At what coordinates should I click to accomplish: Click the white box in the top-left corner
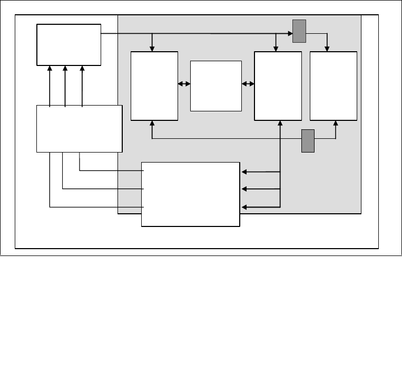(x=68, y=44)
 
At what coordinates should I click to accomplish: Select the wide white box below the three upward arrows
(x=79, y=128)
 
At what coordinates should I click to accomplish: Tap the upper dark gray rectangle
(x=299, y=31)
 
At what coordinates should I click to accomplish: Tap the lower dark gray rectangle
(x=308, y=140)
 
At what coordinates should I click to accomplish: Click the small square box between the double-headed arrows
(x=215, y=86)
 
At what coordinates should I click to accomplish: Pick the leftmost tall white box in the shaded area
(x=154, y=86)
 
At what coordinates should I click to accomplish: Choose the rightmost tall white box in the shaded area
(x=333, y=86)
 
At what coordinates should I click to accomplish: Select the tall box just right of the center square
(x=278, y=86)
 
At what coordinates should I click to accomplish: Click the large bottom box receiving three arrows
(x=191, y=194)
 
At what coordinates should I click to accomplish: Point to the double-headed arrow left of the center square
(x=184, y=83)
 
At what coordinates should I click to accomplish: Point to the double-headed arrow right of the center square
(x=248, y=83)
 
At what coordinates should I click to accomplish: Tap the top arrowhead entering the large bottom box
(x=244, y=172)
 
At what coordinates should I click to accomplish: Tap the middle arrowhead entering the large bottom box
(x=244, y=188)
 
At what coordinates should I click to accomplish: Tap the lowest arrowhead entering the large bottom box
(x=244, y=207)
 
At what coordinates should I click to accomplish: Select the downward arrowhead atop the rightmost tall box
(x=327, y=49)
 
